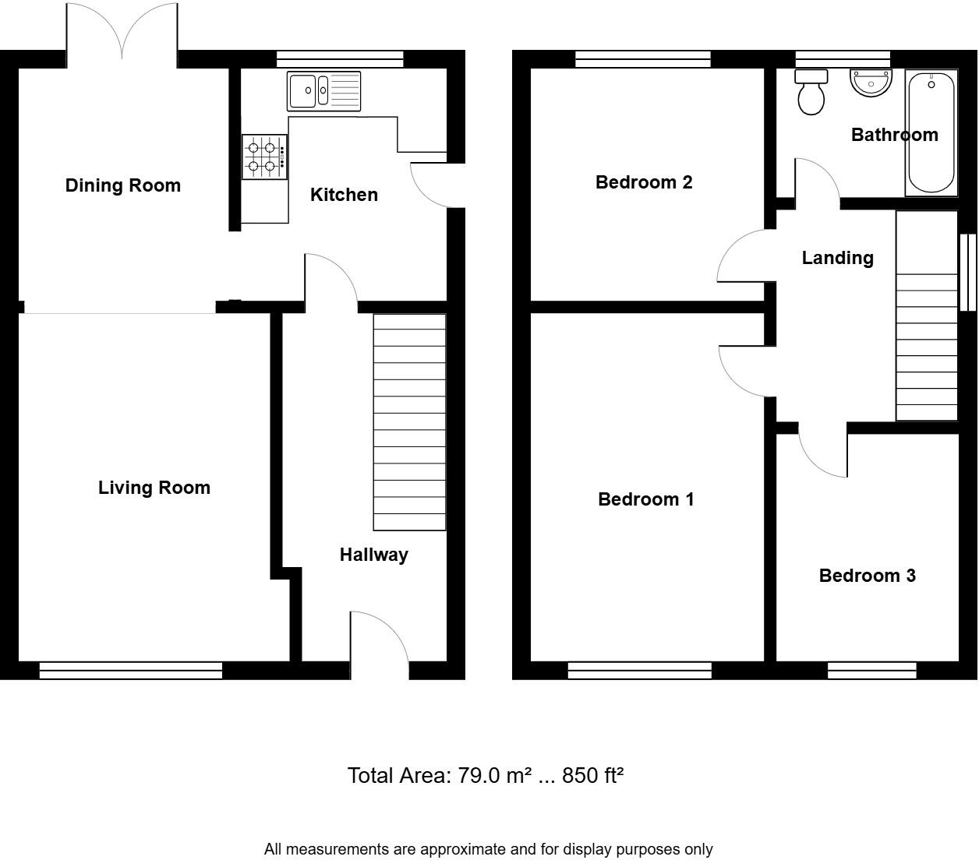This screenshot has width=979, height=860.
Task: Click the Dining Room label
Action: tap(123, 185)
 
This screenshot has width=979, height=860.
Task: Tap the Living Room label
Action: tap(154, 488)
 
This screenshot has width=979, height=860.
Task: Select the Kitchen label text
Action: tap(344, 195)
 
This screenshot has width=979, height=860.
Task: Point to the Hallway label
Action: tap(373, 555)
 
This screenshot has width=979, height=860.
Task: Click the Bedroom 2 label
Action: tap(644, 182)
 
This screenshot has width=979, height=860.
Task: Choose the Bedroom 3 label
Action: tap(867, 576)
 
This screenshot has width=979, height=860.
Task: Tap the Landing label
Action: tap(837, 258)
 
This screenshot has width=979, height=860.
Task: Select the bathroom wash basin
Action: tap(871, 83)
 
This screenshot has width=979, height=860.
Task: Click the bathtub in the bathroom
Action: tap(931, 132)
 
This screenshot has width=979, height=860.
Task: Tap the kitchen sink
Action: tap(323, 91)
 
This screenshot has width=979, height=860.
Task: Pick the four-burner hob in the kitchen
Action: tap(264, 157)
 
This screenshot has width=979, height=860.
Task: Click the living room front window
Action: tap(130, 670)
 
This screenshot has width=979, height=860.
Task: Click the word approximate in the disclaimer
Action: tap(467, 849)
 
